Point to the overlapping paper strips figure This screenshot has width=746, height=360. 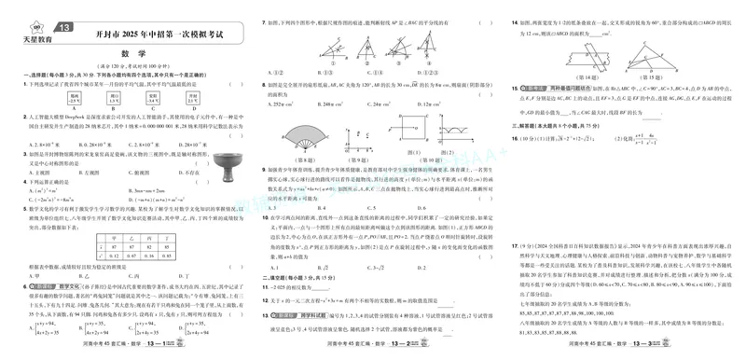tap(581, 54)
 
